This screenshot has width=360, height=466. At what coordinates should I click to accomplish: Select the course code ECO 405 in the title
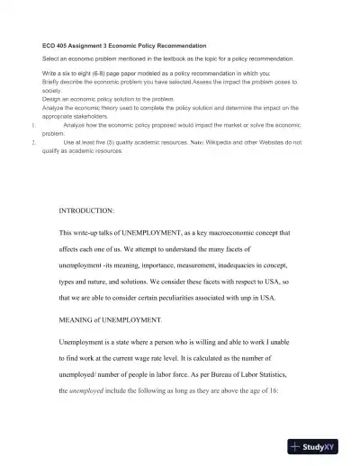click(58, 45)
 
